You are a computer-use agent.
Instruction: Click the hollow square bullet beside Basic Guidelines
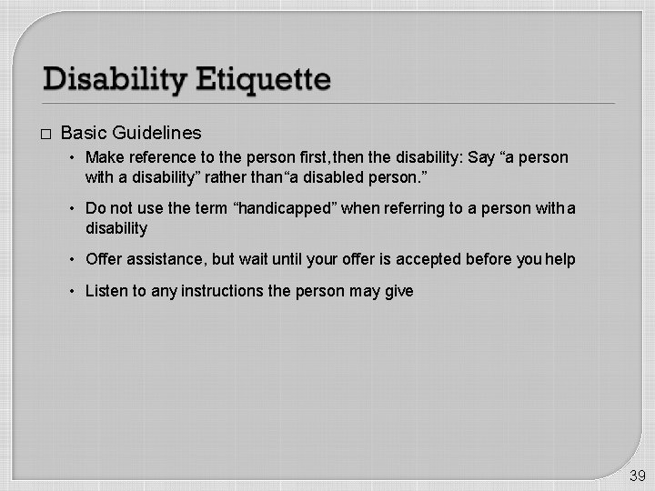point(45,134)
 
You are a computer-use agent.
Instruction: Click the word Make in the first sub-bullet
point(103,157)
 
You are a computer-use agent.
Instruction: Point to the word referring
point(421,208)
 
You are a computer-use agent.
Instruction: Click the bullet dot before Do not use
point(75,209)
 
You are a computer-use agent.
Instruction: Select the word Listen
point(106,291)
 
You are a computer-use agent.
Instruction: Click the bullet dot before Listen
point(75,292)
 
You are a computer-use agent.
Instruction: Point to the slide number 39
point(637,476)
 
